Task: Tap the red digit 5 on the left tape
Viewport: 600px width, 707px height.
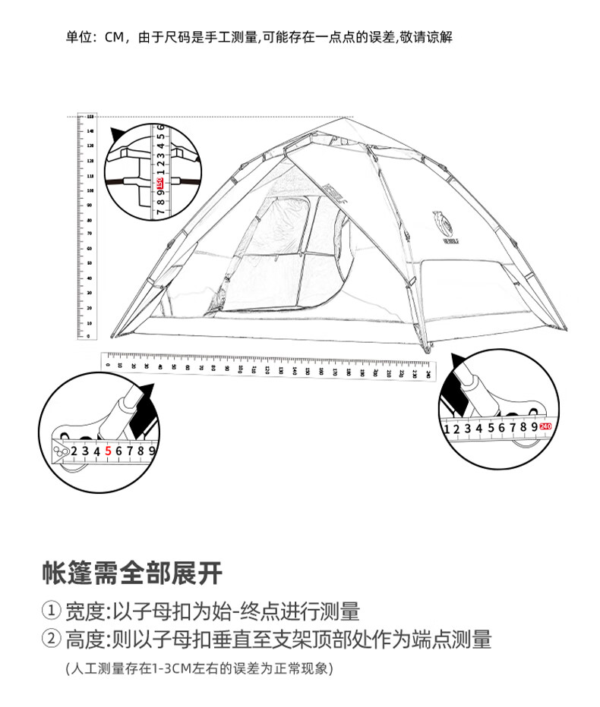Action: [108, 451]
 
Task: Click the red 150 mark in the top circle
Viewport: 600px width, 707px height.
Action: [160, 184]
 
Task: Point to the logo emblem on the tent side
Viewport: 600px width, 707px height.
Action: [440, 220]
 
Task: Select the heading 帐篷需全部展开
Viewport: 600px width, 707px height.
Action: [132, 573]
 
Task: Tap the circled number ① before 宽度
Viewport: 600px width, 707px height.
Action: [52, 611]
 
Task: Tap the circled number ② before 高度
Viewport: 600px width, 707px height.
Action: [52, 639]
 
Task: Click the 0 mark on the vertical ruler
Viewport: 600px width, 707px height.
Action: [90, 335]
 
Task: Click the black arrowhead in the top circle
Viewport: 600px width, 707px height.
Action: [117, 136]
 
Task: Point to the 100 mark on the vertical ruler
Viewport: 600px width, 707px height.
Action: [90, 190]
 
